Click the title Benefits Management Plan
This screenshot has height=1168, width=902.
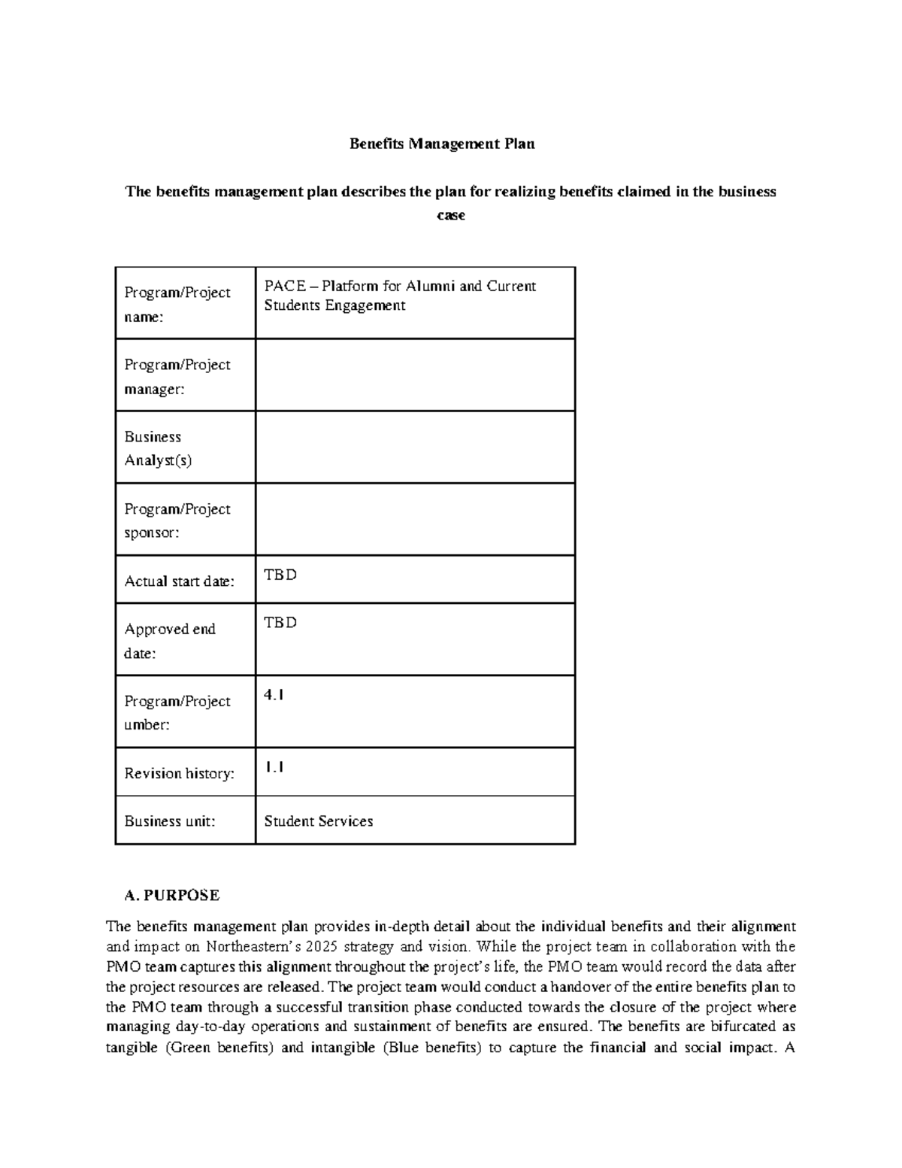tap(442, 144)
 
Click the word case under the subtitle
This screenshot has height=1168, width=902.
tap(451, 216)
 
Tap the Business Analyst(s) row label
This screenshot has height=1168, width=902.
tap(158, 448)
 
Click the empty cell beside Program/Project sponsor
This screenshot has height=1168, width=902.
tap(415, 520)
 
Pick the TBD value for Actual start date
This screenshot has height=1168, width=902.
tap(280, 575)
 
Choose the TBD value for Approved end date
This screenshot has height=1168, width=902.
tap(280, 623)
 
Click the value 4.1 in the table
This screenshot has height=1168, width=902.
tap(274, 696)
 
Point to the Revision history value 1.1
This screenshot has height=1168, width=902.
tap(274, 768)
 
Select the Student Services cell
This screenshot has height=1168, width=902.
tap(319, 821)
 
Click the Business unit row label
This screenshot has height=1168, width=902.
tap(170, 821)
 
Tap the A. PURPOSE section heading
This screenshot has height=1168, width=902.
tap(172, 895)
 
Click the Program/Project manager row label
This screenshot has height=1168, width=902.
tap(177, 376)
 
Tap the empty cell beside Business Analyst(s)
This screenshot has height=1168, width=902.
tap(415, 447)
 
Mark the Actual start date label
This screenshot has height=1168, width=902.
tap(180, 581)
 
